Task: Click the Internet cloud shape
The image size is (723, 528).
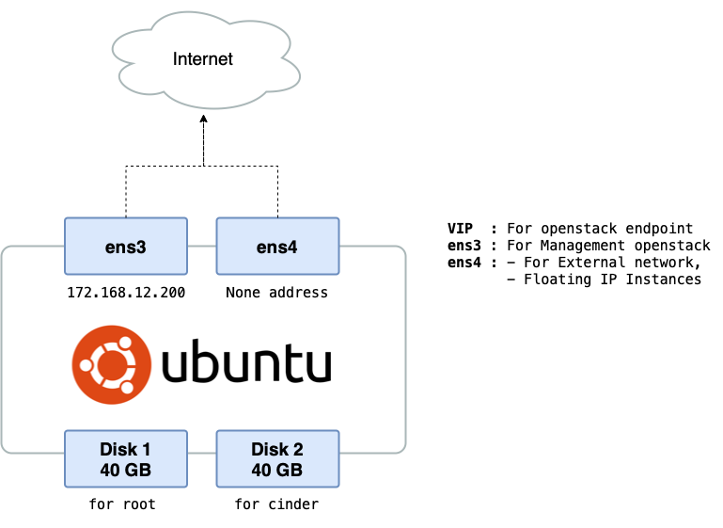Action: click(x=203, y=59)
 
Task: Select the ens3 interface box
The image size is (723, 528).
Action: click(x=125, y=248)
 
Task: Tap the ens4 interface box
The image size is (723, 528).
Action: click(x=277, y=248)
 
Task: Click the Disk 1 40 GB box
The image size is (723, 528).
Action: click(x=125, y=459)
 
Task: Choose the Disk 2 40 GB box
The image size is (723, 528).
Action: click(x=277, y=459)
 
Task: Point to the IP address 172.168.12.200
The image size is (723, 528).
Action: click(x=126, y=293)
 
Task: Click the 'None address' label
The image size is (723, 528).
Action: click(x=277, y=293)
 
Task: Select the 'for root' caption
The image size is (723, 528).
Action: click(x=122, y=504)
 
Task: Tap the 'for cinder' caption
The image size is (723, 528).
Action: click(x=277, y=504)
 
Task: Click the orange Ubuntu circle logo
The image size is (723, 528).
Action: click(x=111, y=365)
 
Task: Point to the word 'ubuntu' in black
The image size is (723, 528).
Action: click(x=246, y=365)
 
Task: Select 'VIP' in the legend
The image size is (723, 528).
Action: click(x=460, y=229)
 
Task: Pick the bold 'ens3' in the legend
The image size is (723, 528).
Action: click(x=464, y=246)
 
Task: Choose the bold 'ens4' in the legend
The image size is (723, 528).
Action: click(x=464, y=263)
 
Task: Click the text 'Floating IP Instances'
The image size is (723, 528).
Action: click(x=612, y=280)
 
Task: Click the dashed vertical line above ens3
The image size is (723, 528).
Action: click(x=126, y=192)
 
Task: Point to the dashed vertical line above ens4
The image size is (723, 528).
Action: click(x=277, y=192)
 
